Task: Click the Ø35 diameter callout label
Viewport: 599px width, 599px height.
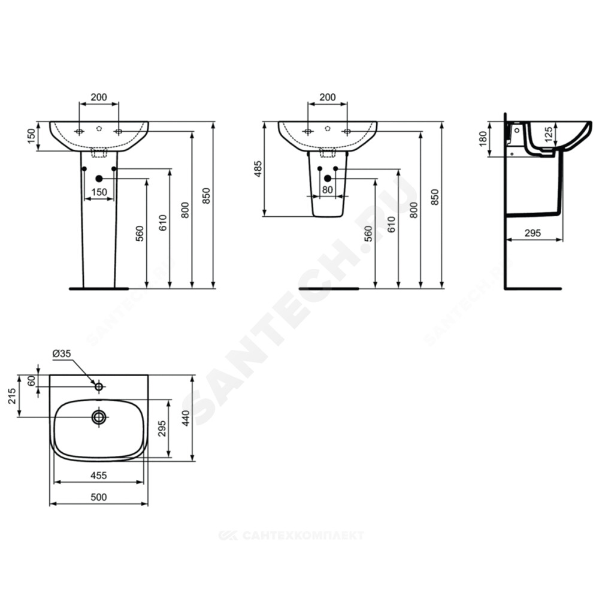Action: click(62, 354)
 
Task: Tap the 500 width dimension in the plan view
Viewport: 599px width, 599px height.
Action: click(99, 497)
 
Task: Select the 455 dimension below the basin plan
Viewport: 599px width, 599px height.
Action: click(99, 476)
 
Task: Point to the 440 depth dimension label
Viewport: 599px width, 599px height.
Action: click(186, 418)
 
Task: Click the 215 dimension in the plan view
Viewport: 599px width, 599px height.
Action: click(12, 396)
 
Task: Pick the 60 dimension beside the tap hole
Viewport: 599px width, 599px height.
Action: click(31, 381)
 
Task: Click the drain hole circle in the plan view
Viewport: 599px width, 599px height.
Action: click(99, 417)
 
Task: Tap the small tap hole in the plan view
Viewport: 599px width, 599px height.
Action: click(99, 386)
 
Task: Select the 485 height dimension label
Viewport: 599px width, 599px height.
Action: click(258, 169)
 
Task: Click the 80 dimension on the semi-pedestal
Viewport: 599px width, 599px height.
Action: click(328, 190)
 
